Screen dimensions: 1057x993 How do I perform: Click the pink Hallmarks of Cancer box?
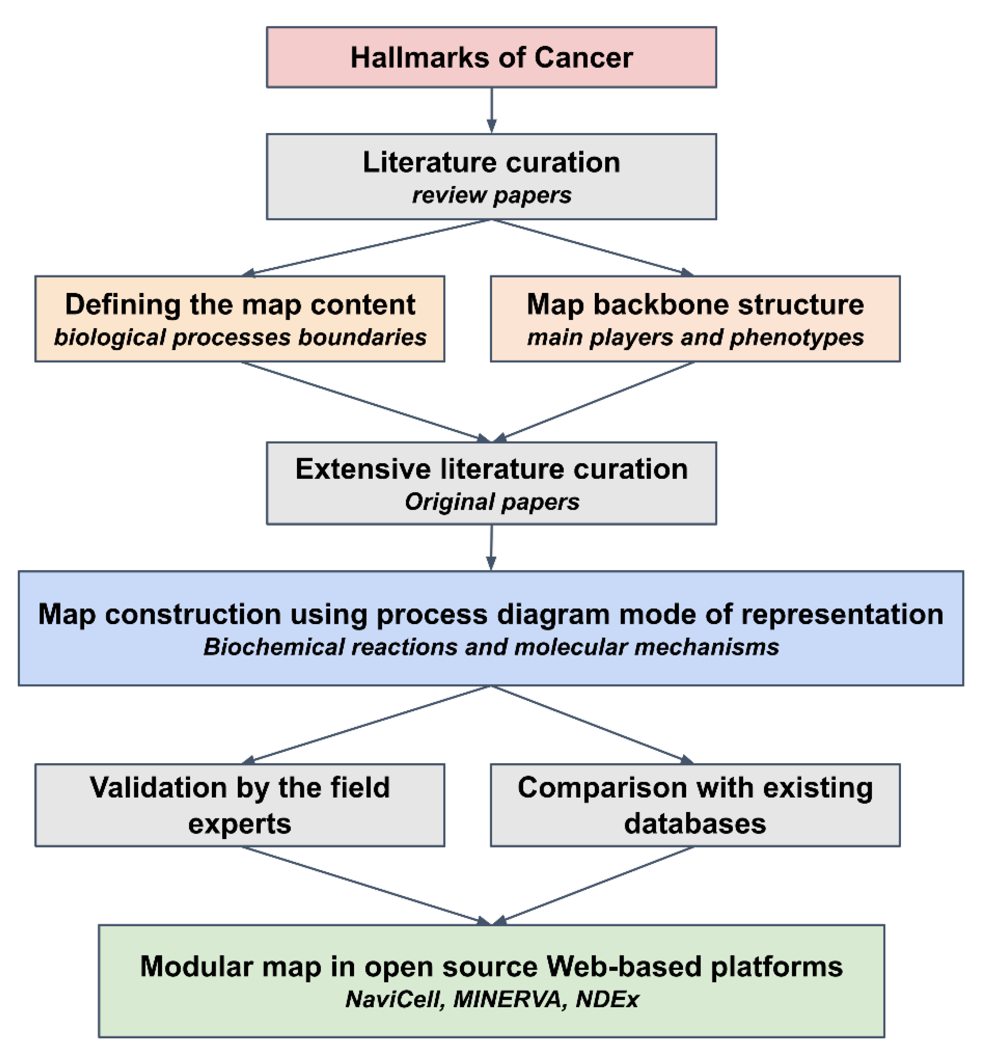click(x=491, y=57)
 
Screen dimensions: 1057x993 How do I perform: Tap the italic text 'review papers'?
click(x=491, y=196)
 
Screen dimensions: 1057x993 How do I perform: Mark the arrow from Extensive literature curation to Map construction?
click(x=491, y=548)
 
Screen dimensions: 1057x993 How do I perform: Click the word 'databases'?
click(x=695, y=823)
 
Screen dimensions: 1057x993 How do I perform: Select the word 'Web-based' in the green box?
click(x=624, y=966)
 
